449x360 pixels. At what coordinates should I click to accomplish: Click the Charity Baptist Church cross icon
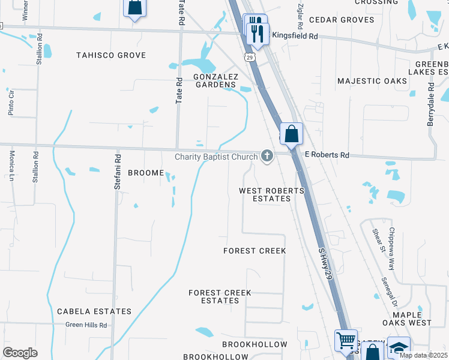click(267, 157)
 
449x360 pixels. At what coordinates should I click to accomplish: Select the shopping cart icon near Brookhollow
click(346, 340)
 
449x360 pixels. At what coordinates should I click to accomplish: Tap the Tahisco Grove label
click(111, 55)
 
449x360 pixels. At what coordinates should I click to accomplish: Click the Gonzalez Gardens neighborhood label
click(215, 80)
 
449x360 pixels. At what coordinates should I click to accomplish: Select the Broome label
click(146, 173)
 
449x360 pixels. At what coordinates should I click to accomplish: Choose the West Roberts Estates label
click(271, 194)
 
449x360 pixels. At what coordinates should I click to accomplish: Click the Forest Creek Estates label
click(220, 296)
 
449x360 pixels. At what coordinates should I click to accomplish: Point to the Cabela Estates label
click(94, 311)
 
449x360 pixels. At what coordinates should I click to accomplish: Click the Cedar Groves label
click(342, 20)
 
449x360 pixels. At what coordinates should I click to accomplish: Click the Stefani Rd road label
click(118, 172)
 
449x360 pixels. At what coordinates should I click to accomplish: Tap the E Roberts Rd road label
click(327, 155)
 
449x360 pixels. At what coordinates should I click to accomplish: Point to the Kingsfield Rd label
click(295, 36)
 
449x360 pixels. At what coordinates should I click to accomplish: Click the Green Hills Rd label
click(86, 325)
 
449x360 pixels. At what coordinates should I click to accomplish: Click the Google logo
click(20, 352)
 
